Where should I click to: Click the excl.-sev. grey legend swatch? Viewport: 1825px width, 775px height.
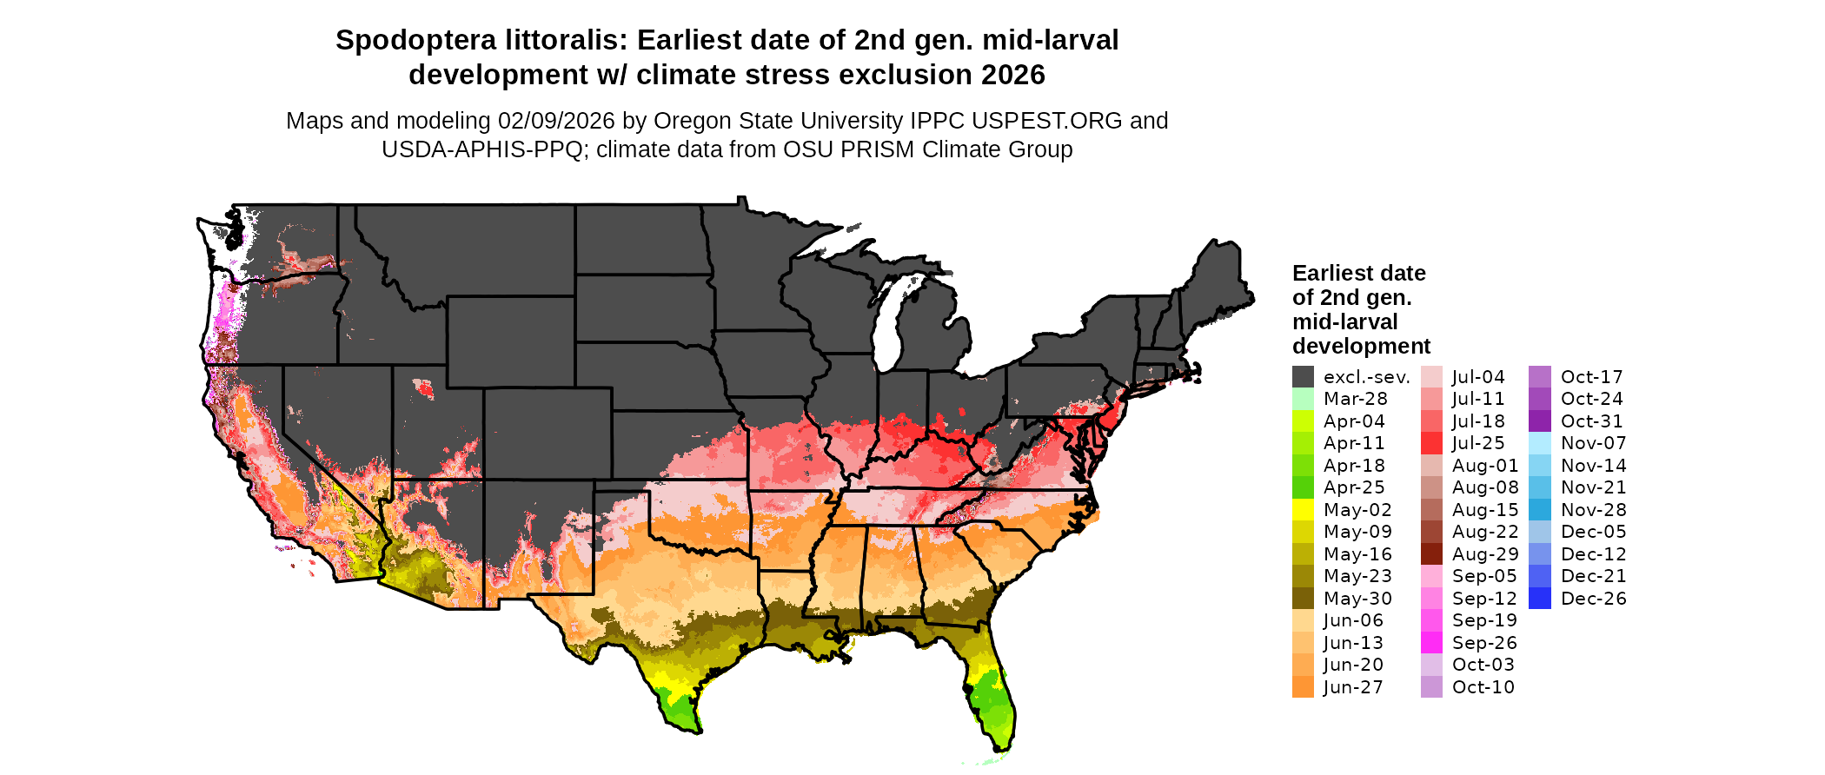point(1303,377)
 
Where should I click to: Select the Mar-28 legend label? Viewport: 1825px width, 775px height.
point(1355,399)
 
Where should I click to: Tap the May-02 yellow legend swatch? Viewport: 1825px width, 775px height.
point(1303,510)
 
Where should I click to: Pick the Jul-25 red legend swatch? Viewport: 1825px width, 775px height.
point(1431,443)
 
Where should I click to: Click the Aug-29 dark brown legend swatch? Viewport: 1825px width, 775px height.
point(1431,554)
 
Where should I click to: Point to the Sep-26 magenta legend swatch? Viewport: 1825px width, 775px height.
point(1431,643)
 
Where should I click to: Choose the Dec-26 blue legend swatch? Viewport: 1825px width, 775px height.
point(1540,599)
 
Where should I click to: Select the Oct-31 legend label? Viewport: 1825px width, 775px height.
point(1591,421)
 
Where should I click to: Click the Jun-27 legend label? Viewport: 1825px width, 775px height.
point(1353,687)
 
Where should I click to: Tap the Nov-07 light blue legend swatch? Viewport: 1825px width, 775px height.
point(1540,443)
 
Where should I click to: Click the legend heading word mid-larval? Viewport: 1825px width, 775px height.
point(1344,322)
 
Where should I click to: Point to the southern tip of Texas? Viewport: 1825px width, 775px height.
point(696,731)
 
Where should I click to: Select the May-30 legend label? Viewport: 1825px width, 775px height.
point(1357,599)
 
